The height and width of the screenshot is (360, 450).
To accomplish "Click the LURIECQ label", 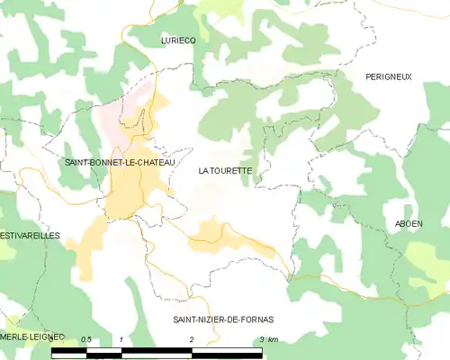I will (178, 40).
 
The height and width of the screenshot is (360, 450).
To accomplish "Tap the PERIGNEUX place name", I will (389, 77).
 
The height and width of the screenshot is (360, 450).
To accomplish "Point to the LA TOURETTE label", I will (225, 169).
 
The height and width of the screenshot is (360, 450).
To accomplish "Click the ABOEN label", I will (409, 223).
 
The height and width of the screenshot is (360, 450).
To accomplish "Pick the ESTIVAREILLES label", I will (30, 235).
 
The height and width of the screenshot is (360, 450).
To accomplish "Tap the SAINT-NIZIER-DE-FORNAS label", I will (223, 319).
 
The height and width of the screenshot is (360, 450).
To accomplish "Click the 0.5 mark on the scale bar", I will (85, 338).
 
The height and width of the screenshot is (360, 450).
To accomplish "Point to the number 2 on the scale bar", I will (192, 338).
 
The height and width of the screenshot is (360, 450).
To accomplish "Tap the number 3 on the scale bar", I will (262, 338).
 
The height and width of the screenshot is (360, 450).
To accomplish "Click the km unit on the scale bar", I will (274, 338).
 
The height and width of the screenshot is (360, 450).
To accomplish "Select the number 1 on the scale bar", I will (121, 338).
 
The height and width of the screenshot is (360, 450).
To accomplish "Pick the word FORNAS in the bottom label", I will (256, 319).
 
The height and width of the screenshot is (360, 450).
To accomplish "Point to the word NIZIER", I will (212, 319).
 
